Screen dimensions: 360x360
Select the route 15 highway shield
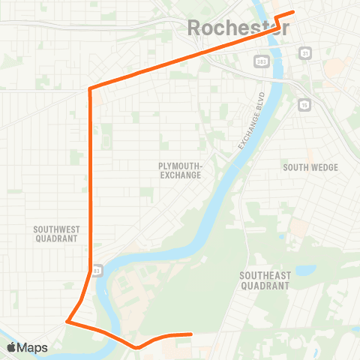click(304, 103)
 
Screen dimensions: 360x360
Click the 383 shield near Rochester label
click(260, 61)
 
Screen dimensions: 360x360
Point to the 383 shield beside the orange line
click(97, 270)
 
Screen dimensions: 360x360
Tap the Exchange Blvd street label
click(253, 121)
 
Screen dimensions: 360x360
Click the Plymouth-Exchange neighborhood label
click(180, 169)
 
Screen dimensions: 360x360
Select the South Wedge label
click(310, 167)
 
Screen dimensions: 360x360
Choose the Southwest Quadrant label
click(56, 233)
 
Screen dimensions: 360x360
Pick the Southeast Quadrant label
click(265, 280)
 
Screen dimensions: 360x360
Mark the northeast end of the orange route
click(293, 12)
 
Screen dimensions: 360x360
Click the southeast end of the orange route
click(191, 334)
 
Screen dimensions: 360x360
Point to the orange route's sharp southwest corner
click(67, 322)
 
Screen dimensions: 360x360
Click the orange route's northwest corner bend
click(90, 89)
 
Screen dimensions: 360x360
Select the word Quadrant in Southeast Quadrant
click(265, 286)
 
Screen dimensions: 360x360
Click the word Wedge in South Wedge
click(323, 167)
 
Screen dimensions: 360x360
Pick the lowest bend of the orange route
click(136, 347)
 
